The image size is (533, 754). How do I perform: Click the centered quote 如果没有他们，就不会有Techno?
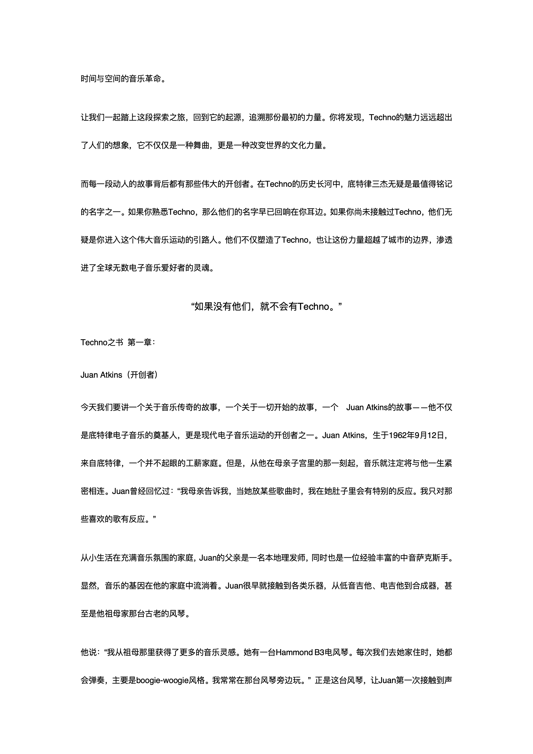click(266, 307)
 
